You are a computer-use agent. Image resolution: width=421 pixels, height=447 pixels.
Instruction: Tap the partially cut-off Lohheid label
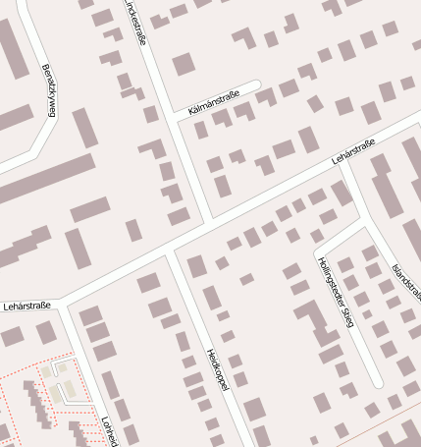point(108,432)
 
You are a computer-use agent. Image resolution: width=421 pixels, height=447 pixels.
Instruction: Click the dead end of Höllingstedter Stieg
point(378,382)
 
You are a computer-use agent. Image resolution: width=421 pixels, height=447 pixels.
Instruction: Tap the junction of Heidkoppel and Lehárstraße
point(171,249)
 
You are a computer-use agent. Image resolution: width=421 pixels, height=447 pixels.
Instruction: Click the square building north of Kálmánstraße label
point(184,65)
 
